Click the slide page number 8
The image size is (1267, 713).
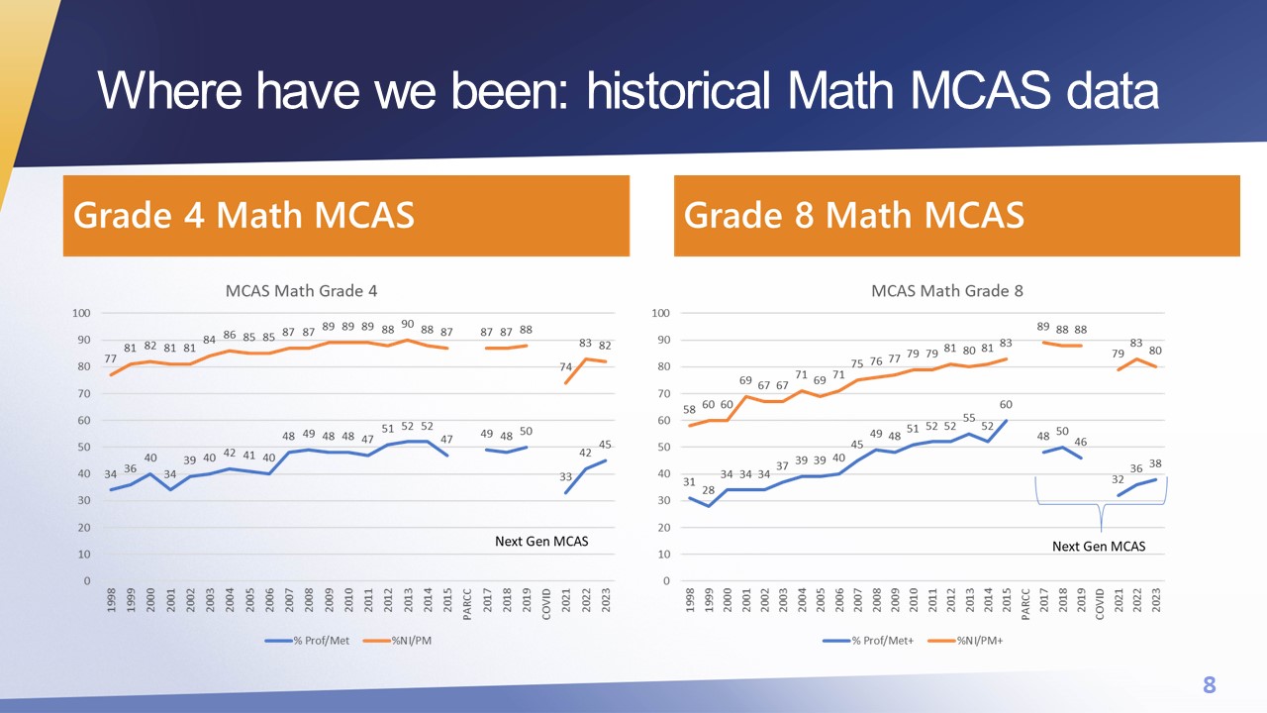[1209, 684]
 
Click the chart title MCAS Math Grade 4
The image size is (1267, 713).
[301, 291]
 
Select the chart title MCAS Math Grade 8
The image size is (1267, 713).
[947, 291]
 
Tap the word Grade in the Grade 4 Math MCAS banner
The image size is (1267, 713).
[122, 216]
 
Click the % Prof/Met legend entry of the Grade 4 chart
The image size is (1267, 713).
[307, 641]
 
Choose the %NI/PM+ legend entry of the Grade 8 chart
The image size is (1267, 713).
[965, 641]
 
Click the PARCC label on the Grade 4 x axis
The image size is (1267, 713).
[467, 604]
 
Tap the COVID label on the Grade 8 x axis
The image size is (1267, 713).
[1100, 604]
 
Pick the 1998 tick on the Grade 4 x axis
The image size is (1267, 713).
[112, 600]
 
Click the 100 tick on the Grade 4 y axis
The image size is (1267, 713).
[81, 313]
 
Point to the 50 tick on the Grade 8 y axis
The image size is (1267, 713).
[663, 447]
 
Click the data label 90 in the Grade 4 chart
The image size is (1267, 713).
[407, 324]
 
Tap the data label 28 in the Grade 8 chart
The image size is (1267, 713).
[708, 490]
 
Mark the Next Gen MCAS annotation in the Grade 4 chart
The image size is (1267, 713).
[541, 542]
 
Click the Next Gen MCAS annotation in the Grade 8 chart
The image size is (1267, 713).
[1099, 547]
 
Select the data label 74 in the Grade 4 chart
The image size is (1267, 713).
[565, 366]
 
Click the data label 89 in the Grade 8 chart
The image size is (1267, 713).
[1043, 327]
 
